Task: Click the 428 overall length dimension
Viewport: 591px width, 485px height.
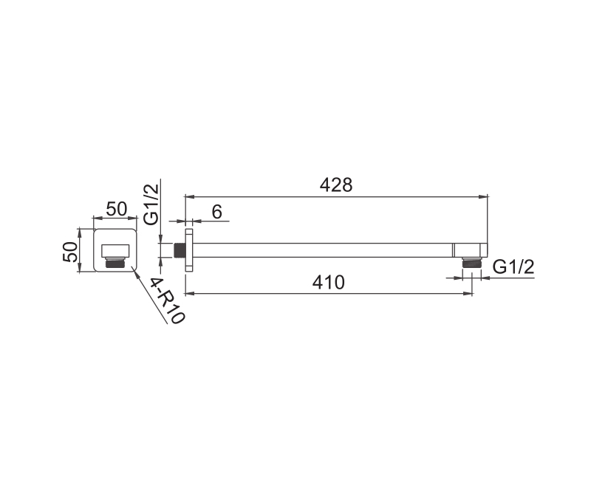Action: pos(336,185)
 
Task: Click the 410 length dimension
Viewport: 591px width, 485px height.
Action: pos(328,283)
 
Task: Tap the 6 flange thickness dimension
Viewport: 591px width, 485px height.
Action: pos(216,213)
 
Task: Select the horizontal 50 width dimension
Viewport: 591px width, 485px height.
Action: pos(117,209)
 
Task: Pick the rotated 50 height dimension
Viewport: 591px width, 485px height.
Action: pos(70,252)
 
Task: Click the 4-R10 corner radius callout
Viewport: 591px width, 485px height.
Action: pos(167,301)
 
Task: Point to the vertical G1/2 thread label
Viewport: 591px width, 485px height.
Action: pos(152,202)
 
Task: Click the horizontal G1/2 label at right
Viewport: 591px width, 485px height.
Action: pos(513,267)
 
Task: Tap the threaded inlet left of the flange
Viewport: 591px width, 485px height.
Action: pos(180,250)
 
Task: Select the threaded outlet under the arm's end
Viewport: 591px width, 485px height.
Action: pos(471,263)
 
